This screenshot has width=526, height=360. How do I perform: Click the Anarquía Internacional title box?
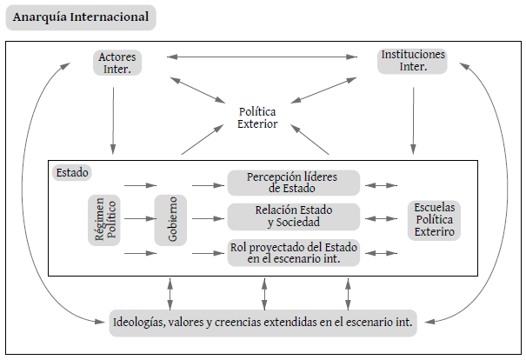(x=80, y=17)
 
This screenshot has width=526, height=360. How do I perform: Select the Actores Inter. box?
(x=116, y=63)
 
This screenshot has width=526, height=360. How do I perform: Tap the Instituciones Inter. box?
(x=413, y=61)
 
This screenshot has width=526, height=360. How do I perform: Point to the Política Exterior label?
(x=257, y=117)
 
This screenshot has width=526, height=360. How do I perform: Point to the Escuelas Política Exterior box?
(x=435, y=220)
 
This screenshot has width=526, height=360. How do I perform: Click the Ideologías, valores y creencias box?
(x=262, y=322)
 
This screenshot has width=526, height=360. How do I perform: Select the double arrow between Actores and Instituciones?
(x=264, y=57)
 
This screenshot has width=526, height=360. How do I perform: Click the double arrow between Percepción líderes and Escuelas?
(x=381, y=184)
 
